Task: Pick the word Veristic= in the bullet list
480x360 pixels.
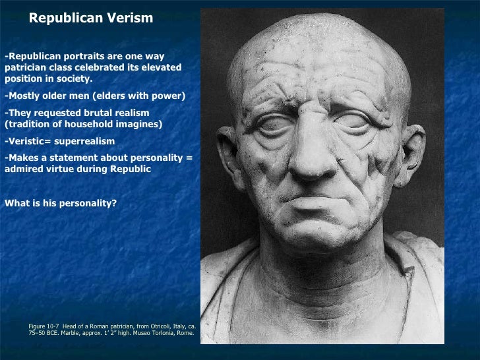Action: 30,141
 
